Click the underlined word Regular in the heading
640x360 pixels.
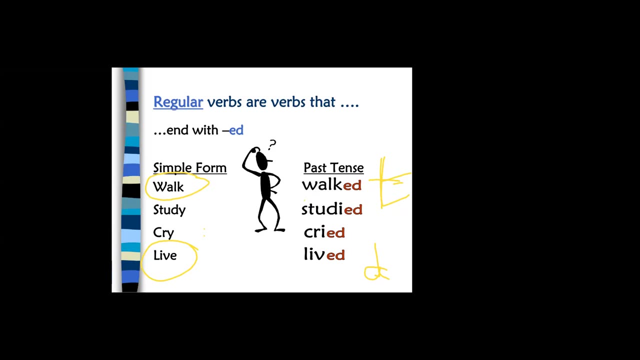178,102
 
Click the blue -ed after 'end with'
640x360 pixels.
235,130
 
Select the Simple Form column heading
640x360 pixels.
189,167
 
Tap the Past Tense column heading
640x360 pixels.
333,167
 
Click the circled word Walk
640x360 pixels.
168,187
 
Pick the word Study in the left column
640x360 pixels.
169,210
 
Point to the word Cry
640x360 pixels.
163,233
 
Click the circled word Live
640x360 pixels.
165,255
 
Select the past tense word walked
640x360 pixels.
331,185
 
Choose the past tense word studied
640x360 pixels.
331,209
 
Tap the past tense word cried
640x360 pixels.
324,232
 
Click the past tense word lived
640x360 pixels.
324,255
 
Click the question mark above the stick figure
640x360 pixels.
272,145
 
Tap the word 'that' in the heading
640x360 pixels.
322,102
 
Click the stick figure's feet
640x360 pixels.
270,230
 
